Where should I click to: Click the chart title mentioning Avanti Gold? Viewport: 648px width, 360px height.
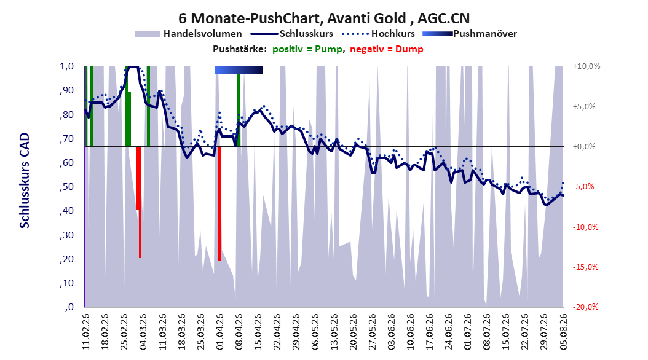pyautogui.click(x=324, y=18)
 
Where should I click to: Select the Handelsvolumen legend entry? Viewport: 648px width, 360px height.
pyautogui.click(x=188, y=34)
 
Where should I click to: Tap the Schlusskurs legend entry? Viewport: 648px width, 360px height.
pyautogui.click(x=292, y=34)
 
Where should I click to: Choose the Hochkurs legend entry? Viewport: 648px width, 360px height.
pyautogui.click(x=379, y=34)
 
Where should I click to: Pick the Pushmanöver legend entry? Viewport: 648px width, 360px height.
pyautogui.click(x=470, y=34)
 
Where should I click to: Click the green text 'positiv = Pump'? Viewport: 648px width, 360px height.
pyautogui.click(x=307, y=49)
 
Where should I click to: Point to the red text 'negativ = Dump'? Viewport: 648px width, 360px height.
pyautogui.click(x=387, y=49)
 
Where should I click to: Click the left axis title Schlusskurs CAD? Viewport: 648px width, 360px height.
pyautogui.click(x=25, y=181)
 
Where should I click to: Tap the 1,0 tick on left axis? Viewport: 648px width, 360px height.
pyautogui.click(x=66, y=66)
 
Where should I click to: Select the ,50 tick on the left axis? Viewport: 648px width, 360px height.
pyautogui.click(x=66, y=187)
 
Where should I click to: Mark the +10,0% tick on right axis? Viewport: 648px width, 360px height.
pyautogui.click(x=587, y=66)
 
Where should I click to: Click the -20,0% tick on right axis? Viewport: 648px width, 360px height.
pyautogui.click(x=585, y=307)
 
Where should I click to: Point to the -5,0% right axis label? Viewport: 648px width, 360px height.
pyautogui.click(x=584, y=187)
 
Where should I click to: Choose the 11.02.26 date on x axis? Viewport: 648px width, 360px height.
pyautogui.click(x=86, y=332)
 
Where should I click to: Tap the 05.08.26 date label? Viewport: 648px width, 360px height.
pyautogui.click(x=563, y=332)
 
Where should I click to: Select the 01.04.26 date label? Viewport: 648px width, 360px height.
pyautogui.click(x=219, y=332)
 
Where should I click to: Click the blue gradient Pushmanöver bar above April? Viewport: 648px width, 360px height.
pyautogui.click(x=239, y=70)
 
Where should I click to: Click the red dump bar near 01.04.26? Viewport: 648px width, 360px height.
pyautogui.click(x=219, y=204)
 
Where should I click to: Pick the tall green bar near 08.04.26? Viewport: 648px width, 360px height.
pyautogui.click(x=239, y=111)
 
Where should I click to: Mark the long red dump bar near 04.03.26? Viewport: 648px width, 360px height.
pyautogui.click(x=140, y=202)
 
